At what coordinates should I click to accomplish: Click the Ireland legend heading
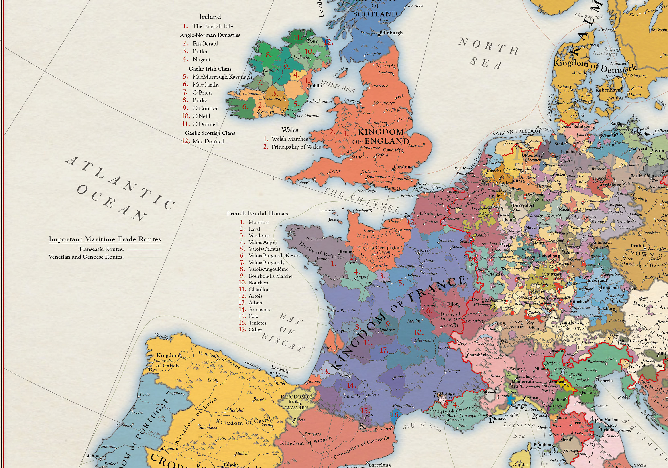click(210, 17)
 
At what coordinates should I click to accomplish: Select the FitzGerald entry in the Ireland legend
click(205, 44)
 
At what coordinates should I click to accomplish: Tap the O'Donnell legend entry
click(205, 124)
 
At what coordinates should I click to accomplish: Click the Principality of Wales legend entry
click(296, 147)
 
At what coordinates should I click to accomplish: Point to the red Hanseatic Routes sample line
click(145, 249)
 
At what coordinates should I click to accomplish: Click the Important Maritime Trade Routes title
click(105, 239)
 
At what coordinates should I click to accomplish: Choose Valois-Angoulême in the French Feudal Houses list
click(268, 269)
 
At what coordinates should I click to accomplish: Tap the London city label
click(402, 167)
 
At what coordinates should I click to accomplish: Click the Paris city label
click(425, 250)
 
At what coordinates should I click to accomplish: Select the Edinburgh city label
click(391, 33)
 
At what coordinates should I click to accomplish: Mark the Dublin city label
click(315, 86)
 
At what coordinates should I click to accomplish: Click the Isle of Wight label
click(367, 191)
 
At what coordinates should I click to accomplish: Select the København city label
click(608, 90)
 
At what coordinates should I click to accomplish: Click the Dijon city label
click(453, 304)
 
